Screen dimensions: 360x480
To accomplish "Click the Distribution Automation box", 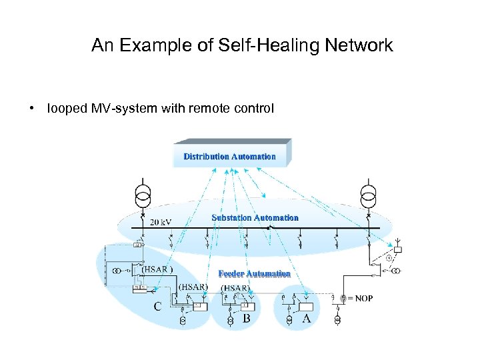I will pyautogui.click(x=230, y=156).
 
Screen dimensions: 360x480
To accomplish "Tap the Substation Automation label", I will pyautogui.click(x=255, y=218).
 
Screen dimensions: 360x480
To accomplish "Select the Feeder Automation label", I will pyautogui.click(x=255, y=274).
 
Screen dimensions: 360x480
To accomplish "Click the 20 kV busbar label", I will pyautogui.click(x=163, y=222).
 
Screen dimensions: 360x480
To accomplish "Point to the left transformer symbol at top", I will pyautogui.click(x=143, y=195).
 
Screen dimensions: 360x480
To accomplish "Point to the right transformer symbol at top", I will pyautogui.click(x=368, y=195).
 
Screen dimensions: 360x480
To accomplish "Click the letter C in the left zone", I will pyautogui.click(x=158, y=307).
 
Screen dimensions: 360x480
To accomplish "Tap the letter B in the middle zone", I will pyautogui.click(x=246, y=319).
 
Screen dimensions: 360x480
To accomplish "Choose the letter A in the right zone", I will pyautogui.click(x=307, y=319).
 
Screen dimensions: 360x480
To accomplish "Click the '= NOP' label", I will pyautogui.click(x=360, y=299).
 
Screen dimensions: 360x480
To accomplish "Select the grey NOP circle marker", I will pyautogui.click(x=343, y=299).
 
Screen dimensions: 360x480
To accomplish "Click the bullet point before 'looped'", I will pyautogui.click(x=32, y=108).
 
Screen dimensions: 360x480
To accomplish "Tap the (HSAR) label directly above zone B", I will pyautogui.click(x=236, y=288).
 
